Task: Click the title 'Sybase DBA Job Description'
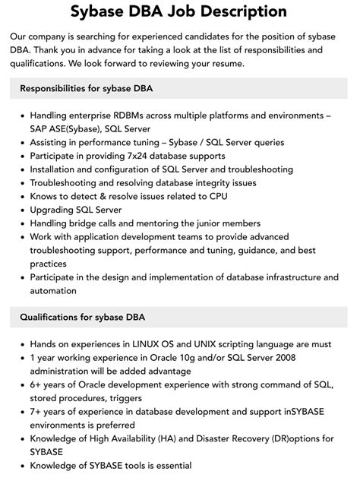tap(179, 11)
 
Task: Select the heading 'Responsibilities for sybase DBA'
tap(86, 87)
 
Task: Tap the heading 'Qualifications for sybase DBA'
tap(81, 317)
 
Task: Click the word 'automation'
tap(53, 291)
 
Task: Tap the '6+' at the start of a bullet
tap(36, 384)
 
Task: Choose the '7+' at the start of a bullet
tap(36, 411)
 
